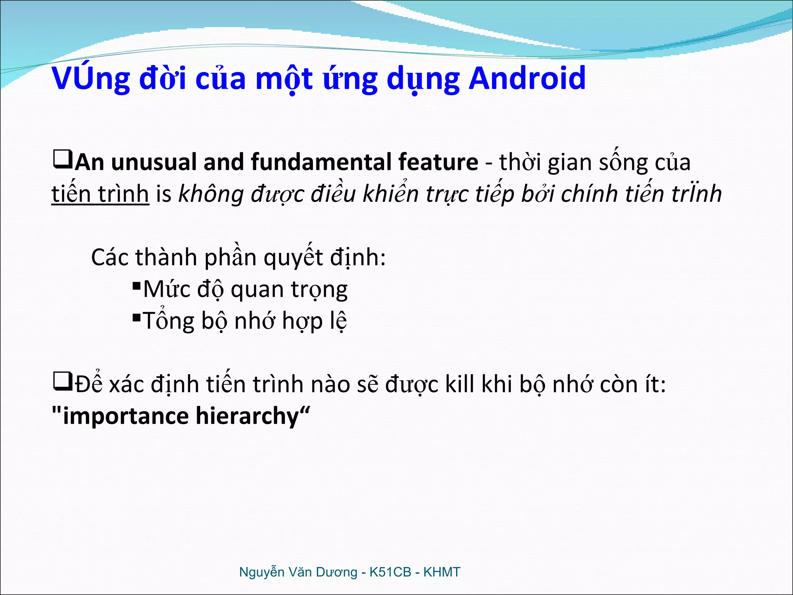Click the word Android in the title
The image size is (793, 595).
tap(527, 78)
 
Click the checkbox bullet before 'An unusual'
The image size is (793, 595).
tap(62, 160)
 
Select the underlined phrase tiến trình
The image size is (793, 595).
tap(100, 194)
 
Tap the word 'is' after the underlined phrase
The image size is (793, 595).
tap(163, 194)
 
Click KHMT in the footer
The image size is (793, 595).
tap(441, 572)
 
